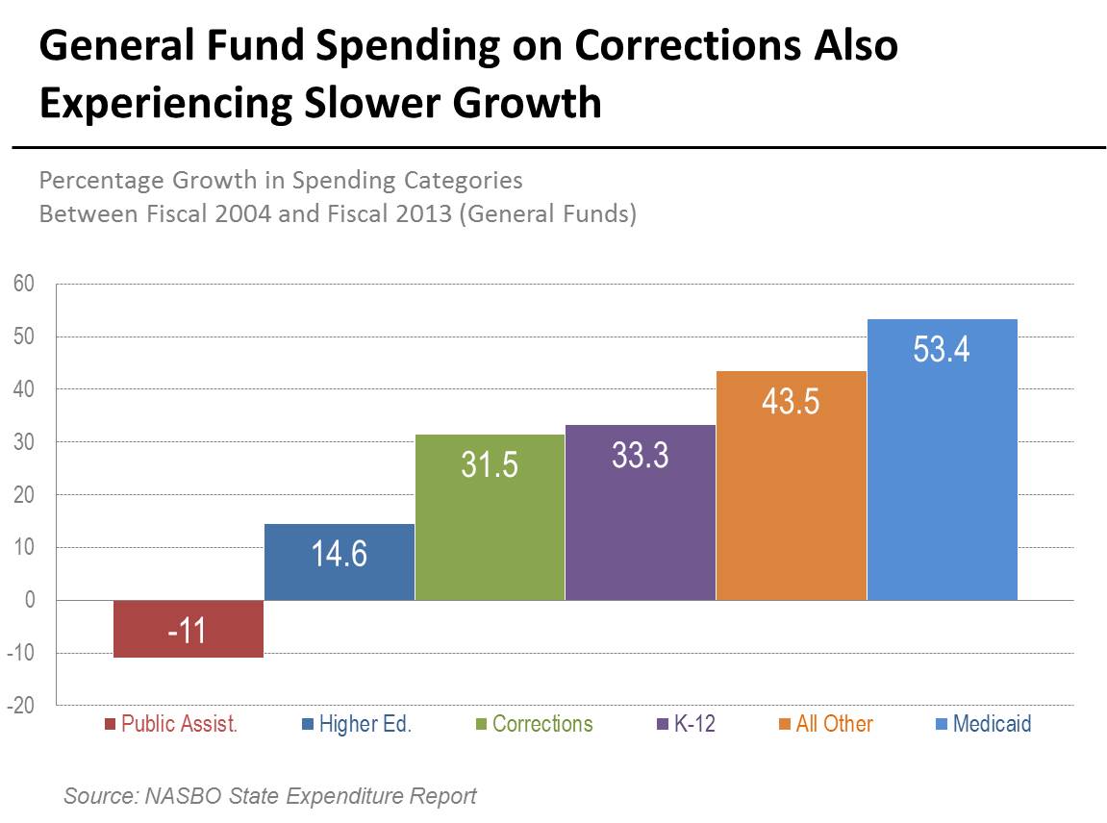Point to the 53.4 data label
point(942,348)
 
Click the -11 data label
point(188,634)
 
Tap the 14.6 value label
point(339,554)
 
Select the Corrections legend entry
point(541,724)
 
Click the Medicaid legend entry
point(991,724)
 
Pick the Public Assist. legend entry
point(179,724)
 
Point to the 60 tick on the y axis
point(24,284)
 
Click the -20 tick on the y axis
point(22,706)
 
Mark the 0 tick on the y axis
point(29,600)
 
